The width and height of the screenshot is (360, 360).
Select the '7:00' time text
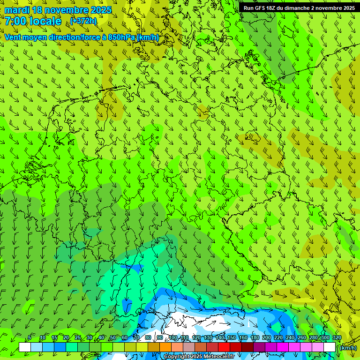pos(15,21)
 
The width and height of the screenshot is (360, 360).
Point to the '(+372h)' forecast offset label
pos(83,21)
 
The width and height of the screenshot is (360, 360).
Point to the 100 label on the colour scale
pos(173,338)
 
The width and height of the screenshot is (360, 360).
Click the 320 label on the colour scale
pos(337,338)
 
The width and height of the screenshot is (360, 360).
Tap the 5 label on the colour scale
pos(30,338)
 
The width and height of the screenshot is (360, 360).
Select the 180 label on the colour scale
pos(255,338)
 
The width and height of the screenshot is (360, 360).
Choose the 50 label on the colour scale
pos(113,338)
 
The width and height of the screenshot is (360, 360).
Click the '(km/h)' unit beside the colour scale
pos(348,348)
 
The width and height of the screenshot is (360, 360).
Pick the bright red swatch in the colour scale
pos(224,347)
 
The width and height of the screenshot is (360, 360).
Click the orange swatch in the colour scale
pos(165,347)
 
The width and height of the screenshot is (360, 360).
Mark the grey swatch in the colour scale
pos(189,347)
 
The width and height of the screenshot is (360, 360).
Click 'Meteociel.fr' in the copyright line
pos(219,357)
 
